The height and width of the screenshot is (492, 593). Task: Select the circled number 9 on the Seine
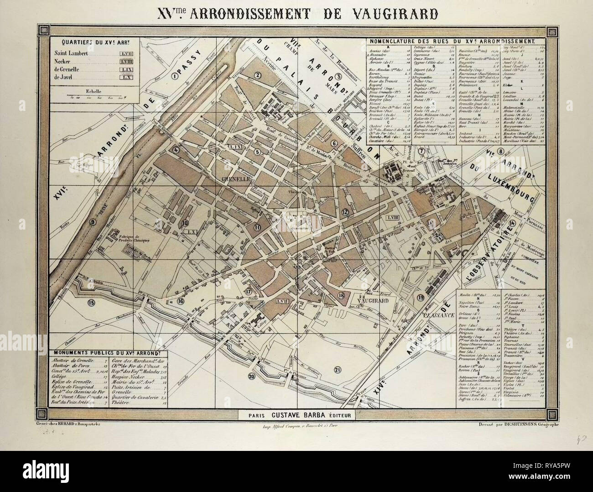click(x=93, y=222)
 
